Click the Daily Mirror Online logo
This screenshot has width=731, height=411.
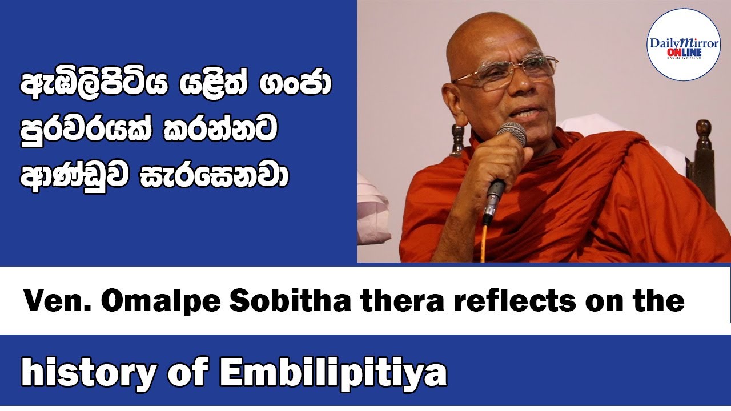(x=683, y=44)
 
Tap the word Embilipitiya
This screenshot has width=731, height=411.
(x=334, y=374)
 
